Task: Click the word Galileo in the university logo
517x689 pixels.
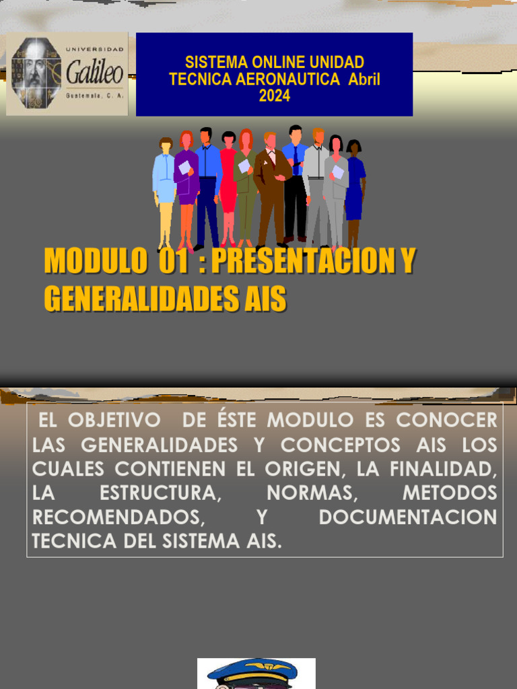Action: [x=94, y=73]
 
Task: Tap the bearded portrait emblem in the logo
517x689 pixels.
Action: [x=36, y=73]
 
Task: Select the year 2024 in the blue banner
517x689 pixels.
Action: [x=275, y=96]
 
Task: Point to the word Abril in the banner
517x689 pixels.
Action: [x=364, y=79]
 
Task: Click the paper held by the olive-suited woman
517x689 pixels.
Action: [x=244, y=166]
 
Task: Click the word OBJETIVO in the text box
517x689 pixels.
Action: [x=114, y=421]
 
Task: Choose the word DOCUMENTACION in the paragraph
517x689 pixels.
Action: [x=407, y=517]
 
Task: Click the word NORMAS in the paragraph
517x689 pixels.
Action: [x=311, y=493]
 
